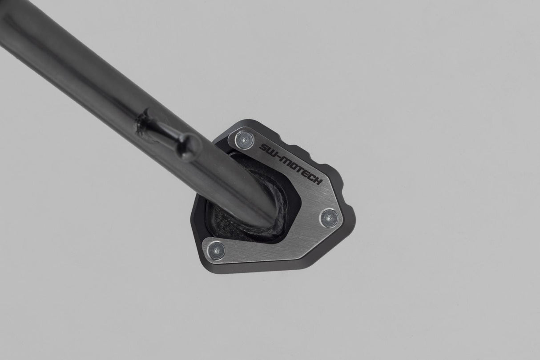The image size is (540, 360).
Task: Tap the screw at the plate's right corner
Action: (330, 217)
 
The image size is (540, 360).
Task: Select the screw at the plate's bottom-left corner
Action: (217, 250)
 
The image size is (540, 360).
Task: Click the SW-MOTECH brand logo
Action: (290, 164)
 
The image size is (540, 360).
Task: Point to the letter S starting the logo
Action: (262, 147)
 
